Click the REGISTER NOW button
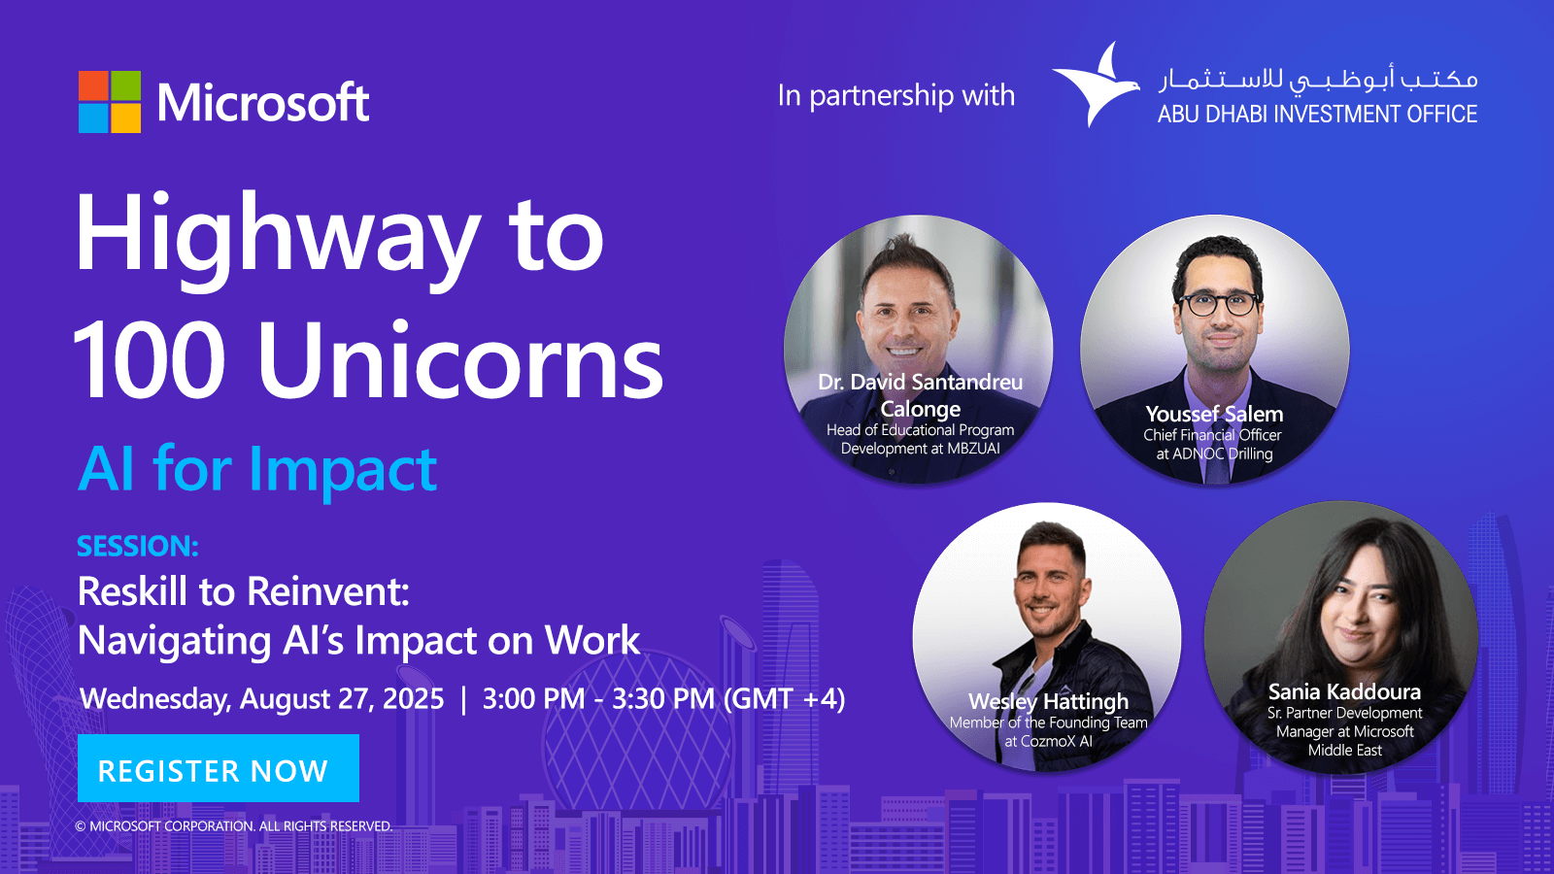(218, 768)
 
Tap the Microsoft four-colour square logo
(110, 101)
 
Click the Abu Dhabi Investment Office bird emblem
(1097, 84)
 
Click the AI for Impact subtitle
(257, 470)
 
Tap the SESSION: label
(138, 546)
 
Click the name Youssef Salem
(1214, 414)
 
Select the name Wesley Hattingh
(1048, 701)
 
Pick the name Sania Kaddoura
(1344, 691)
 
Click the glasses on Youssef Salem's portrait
(1218, 304)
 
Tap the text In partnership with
(895, 95)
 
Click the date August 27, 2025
(341, 698)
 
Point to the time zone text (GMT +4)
(784, 698)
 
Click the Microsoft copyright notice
(234, 826)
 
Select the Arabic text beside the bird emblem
(1317, 80)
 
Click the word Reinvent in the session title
(327, 591)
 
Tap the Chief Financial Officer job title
(1213, 435)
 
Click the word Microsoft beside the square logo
(263, 103)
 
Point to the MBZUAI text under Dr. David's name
(974, 448)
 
